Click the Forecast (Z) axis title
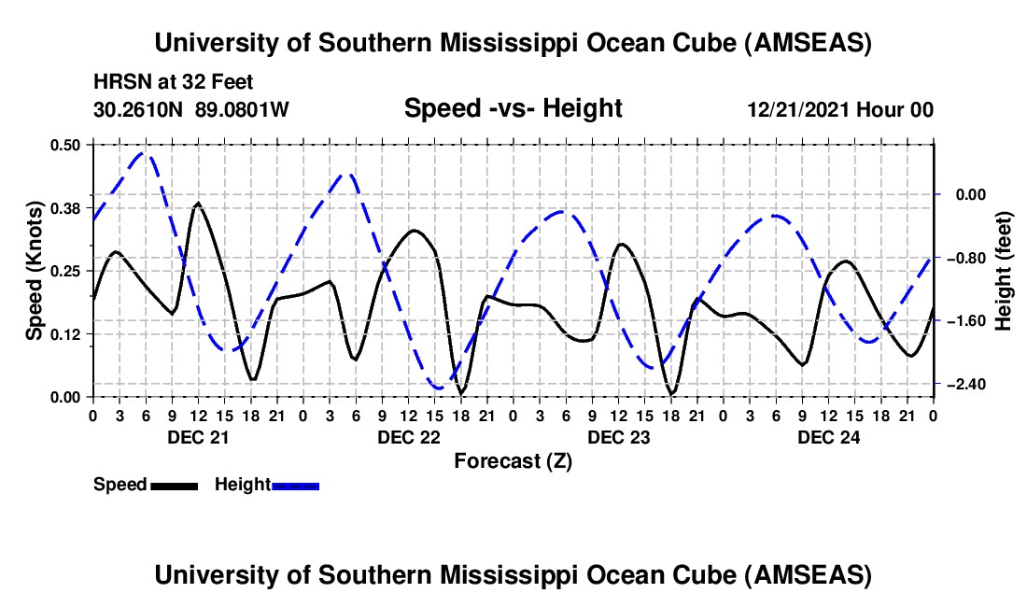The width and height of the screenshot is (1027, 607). tap(513, 460)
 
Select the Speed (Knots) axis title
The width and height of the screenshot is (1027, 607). tap(35, 271)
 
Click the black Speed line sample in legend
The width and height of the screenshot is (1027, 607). tap(174, 485)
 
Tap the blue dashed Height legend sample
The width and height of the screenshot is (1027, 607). tap(296, 485)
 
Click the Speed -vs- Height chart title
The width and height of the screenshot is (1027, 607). tap(513, 108)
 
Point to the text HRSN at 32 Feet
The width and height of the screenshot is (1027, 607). tap(174, 82)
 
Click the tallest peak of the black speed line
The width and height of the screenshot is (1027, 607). tap(198, 203)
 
